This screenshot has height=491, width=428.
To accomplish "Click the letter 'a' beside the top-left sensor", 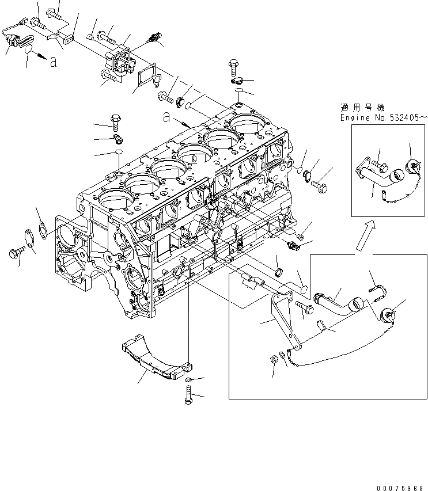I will [54, 62].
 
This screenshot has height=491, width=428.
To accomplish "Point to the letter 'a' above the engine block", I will [166, 117].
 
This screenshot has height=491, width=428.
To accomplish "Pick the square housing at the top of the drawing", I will [118, 60].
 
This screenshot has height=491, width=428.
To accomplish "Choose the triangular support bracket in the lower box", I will [286, 322].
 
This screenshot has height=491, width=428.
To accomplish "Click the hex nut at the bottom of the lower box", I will [274, 359].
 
